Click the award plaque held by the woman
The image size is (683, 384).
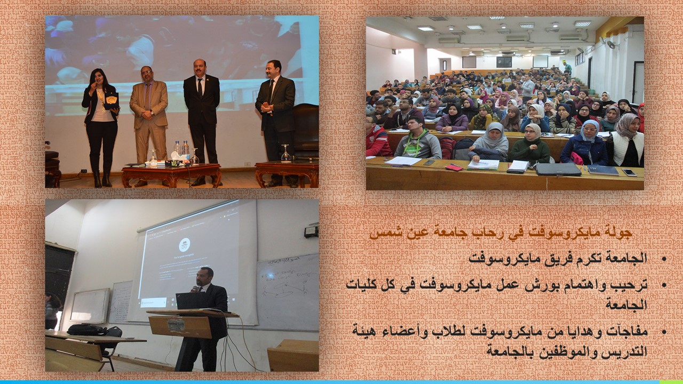click(112, 101)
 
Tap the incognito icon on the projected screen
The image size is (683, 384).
click(184, 244)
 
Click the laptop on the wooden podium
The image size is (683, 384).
click(191, 300)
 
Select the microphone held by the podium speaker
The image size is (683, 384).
click(194, 289)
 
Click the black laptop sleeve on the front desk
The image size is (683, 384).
click(558, 170)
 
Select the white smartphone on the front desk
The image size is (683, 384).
click(629, 172)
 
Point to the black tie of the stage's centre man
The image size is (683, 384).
click(200, 87)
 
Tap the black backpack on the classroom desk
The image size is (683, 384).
click(88, 330)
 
